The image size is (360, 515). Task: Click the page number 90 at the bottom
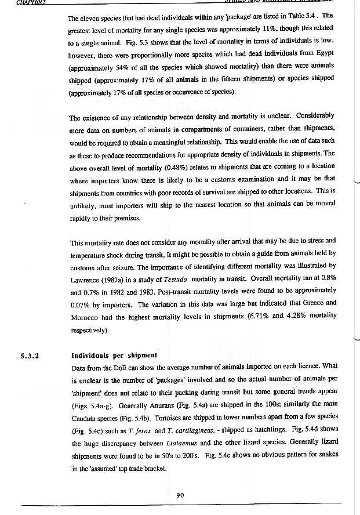click(180, 494)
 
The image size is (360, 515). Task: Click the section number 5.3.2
click(30, 356)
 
